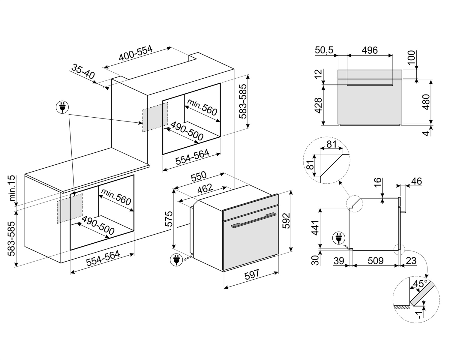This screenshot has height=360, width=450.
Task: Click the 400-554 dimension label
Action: point(136,53)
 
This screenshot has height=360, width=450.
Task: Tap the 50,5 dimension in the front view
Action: point(324,50)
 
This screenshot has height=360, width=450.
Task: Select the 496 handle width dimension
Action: point(369,50)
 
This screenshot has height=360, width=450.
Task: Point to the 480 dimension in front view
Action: point(426,102)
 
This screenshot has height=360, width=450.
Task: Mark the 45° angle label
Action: point(420,284)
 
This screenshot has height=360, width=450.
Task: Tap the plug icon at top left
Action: point(62,107)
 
